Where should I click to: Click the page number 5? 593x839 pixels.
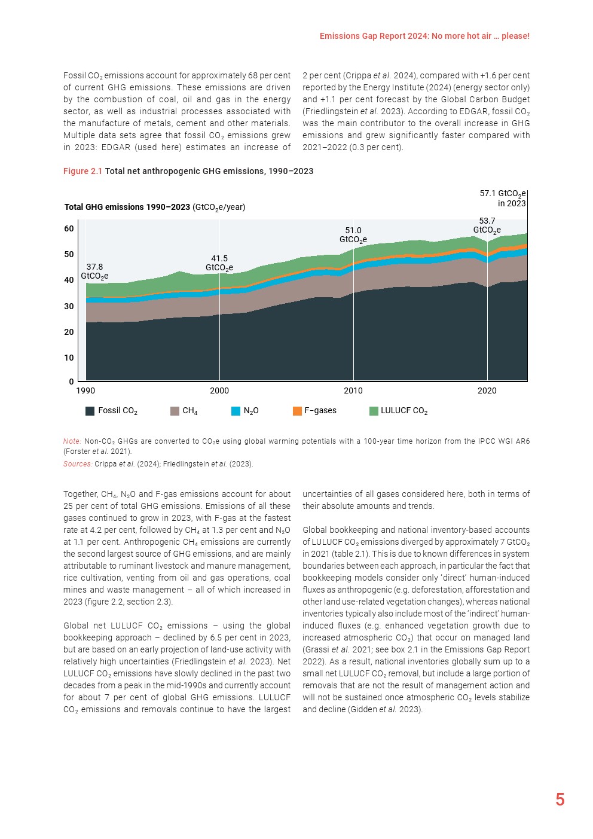(x=560, y=800)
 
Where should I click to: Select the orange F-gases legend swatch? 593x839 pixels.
(x=297, y=411)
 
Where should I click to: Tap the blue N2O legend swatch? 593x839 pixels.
(x=236, y=411)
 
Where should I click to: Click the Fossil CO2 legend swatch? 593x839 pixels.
(x=90, y=411)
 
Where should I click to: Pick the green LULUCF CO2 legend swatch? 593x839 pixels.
(x=374, y=411)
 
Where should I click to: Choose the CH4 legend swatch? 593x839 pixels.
(x=175, y=411)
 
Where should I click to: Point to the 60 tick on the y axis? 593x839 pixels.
(x=69, y=228)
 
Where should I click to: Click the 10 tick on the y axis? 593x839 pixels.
(x=69, y=358)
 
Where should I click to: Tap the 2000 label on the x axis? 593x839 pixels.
(x=219, y=390)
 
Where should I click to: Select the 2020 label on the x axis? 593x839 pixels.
(x=487, y=390)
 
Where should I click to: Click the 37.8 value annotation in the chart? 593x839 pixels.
(x=94, y=267)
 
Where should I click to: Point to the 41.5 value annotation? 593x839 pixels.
(x=219, y=259)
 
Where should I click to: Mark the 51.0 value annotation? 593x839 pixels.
(x=353, y=231)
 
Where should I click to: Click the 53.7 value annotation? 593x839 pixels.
(x=487, y=221)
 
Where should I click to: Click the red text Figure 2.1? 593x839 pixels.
(x=82, y=171)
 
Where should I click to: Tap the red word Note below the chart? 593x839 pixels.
(x=72, y=441)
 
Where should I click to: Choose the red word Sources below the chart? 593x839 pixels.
(x=78, y=464)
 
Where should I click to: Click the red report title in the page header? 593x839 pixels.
(x=424, y=36)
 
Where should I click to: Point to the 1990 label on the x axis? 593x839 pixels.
(x=85, y=390)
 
